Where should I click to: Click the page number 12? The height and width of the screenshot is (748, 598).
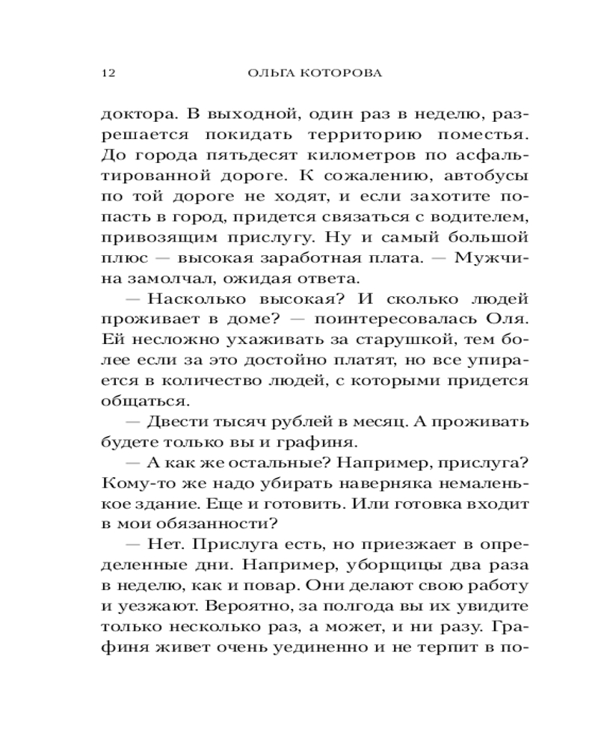click(x=105, y=73)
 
